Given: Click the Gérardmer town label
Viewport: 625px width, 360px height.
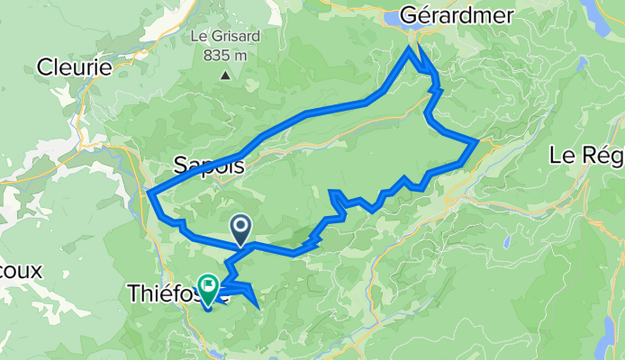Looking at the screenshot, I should (459, 15).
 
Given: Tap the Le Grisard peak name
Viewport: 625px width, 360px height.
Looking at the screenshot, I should (225, 39).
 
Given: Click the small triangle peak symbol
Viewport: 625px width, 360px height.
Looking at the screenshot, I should (225, 75).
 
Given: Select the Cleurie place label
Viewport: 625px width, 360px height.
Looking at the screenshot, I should (75, 67).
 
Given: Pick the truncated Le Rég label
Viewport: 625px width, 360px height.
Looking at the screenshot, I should (585, 156).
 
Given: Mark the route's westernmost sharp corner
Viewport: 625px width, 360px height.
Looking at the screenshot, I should (148, 192).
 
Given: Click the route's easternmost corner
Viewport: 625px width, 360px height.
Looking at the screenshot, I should (476, 141).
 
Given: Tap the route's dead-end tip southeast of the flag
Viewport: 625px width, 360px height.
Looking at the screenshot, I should (259, 308).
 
